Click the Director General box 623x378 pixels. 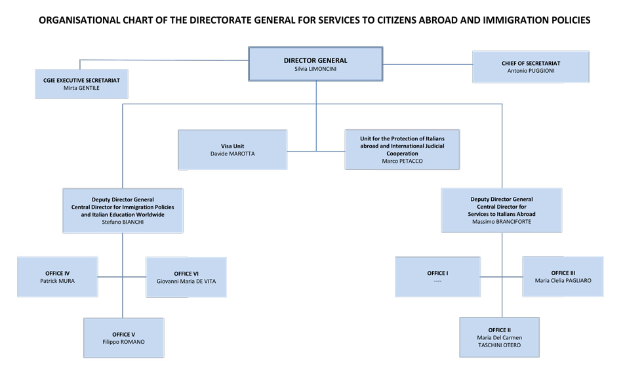click(315, 64)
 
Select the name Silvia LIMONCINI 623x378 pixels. click(315, 68)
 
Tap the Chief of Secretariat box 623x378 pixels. click(531, 67)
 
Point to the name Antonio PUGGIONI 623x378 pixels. click(531, 71)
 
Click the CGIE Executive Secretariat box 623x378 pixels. click(81, 83)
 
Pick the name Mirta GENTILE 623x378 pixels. click(81, 87)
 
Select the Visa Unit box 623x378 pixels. click(232, 150)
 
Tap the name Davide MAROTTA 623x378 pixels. click(232, 154)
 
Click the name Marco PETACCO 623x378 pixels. click(402, 161)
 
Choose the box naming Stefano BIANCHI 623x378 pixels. click(123, 210)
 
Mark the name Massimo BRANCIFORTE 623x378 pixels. click(502, 222)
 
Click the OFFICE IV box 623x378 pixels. click(58, 277)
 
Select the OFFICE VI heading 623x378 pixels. click(186, 274)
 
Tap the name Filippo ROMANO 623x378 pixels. click(123, 342)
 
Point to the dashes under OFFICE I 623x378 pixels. click(437, 281)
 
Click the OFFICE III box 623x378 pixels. click(563, 276)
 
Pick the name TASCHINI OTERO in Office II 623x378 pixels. click(499, 345)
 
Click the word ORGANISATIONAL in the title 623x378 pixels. click(79, 20)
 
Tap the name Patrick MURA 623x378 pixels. click(58, 281)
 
